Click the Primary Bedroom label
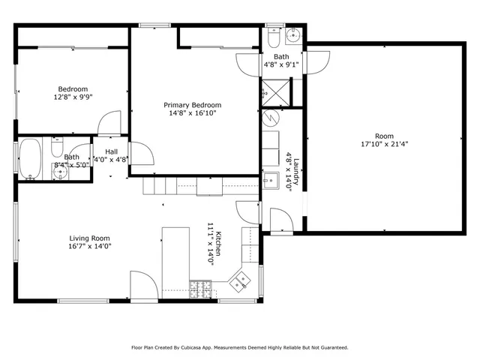pyautogui.click(x=192, y=105)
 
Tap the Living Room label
pyautogui.click(x=89, y=238)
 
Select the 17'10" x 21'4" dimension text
pyautogui.click(x=385, y=144)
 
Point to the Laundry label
pyautogui.click(x=296, y=172)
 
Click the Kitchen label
pyautogui.click(x=218, y=243)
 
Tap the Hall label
pyautogui.click(x=112, y=151)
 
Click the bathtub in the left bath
pyautogui.click(x=30, y=158)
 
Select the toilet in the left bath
pyautogui.click(x=57, y=147)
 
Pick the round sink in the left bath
pyautogui.click(x=60, y=172)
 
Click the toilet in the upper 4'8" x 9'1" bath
pyautogui.click(x=273, y=37)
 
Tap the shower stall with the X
pyautogui.click(x=275, y=93)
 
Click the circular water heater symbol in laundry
pyautogui.click(x=271, y=118)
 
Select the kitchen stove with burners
pyautogui.click(x=201, y=289)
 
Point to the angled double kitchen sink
pyautogui.click(x=240, y=282)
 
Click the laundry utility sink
pyautogui.click(x=271, y=181)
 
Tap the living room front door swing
pyautogui.click(x=144, y=285)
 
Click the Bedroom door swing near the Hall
pyautogui.click(x=109, y=122)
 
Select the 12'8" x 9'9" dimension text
pyautogui.click(x=73, y=97)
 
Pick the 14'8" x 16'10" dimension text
pyautogui.click(x=193, y=113)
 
